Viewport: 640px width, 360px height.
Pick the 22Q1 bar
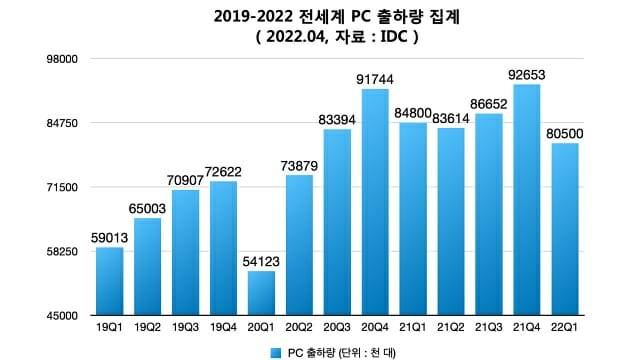(x=565, y=229)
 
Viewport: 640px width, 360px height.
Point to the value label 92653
(x=527, y=74)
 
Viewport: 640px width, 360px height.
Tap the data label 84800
(x=413, y=112)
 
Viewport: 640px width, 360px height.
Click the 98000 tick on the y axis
(x=62, y=59)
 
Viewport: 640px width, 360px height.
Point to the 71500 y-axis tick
(x=62, y=187)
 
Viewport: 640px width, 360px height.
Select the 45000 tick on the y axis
(x=62, y=316)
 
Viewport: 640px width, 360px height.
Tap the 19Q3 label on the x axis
(x=185, y=327)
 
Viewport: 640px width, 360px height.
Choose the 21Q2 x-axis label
(x=451, y=327)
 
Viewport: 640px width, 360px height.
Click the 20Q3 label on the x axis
(x=337, y=327)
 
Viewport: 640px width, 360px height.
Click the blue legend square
(x=274, y=352)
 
